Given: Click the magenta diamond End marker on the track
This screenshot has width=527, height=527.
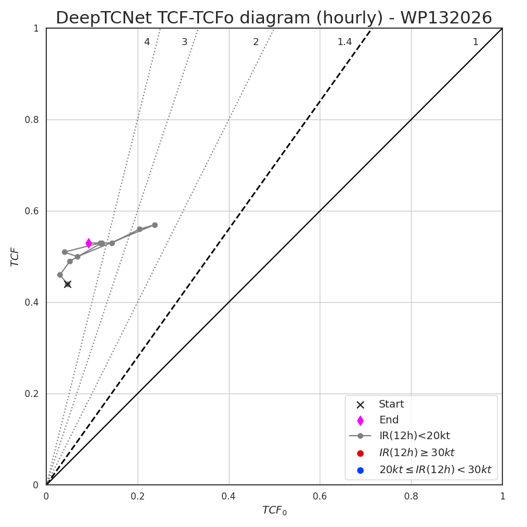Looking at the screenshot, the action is (89, 243).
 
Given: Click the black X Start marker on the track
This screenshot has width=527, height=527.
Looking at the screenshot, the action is (67, 285).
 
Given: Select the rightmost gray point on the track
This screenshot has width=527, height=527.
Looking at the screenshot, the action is (155, 225).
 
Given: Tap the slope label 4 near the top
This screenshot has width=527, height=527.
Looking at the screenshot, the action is (147, 42).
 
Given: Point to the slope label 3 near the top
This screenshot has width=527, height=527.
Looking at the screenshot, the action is (184, 42).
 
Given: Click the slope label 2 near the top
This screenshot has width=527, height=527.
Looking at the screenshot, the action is (256, 42).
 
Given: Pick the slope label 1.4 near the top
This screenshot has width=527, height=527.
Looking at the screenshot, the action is (344, 42).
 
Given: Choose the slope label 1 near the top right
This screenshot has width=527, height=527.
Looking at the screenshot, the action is (475, 42).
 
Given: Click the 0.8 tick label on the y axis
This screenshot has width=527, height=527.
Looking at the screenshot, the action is (32, 119).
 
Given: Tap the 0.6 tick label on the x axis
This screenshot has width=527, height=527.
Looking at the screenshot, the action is (320, 497).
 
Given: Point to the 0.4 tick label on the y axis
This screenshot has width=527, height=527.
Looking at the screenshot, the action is (32, 303).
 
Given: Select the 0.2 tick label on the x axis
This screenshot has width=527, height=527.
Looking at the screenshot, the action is (138, 497).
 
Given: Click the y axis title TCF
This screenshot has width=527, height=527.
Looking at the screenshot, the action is (15, 257).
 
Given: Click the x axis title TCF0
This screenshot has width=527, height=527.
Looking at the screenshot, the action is (274, 511).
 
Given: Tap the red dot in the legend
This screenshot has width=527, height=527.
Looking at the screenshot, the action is (360, 454).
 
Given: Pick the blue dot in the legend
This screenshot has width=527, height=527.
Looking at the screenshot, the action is (360, 471).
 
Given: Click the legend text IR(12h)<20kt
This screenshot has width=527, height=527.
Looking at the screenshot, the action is (415, 436).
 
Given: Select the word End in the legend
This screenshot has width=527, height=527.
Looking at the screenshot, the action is (389, 420).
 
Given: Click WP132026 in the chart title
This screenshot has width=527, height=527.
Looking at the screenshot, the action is (446, 18).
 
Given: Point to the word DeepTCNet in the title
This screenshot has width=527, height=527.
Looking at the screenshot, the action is (104, 18).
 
